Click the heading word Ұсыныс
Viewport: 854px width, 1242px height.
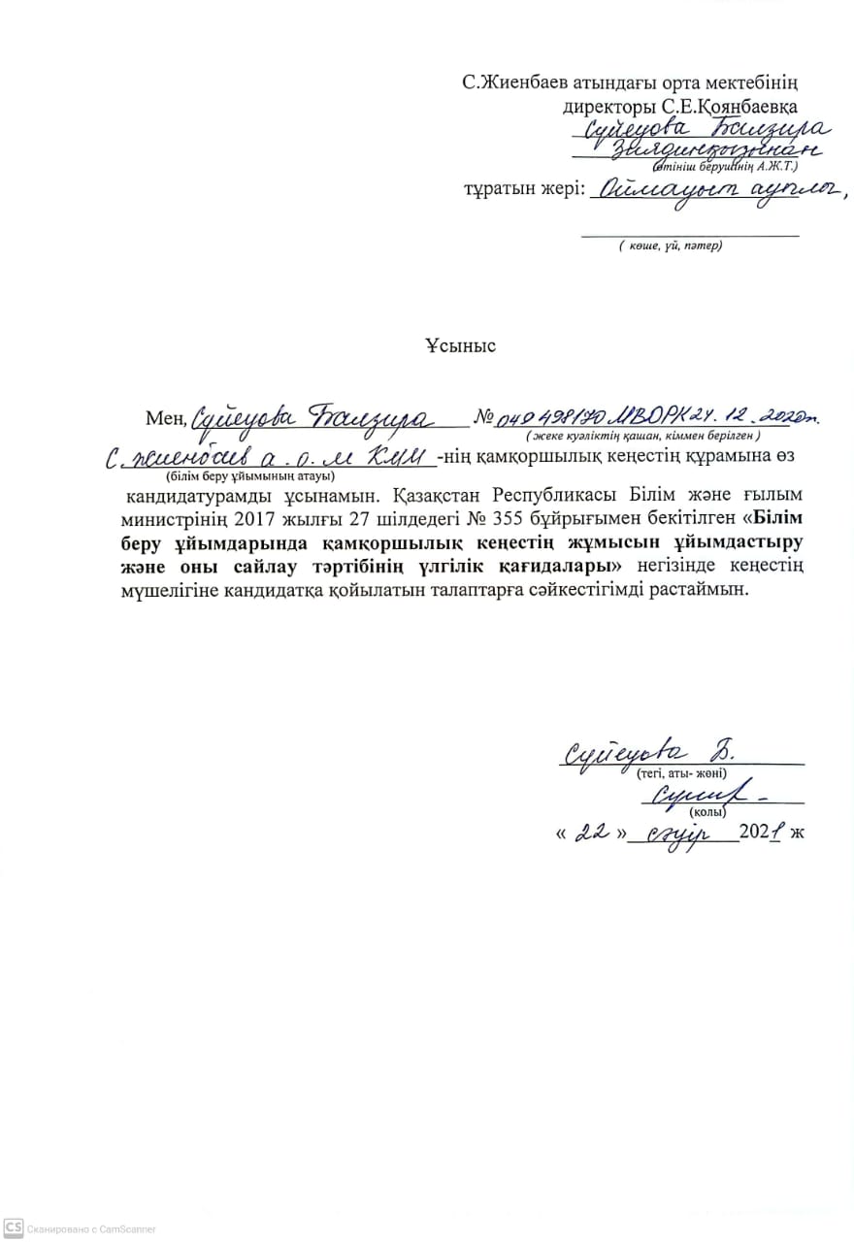tap(460, 345)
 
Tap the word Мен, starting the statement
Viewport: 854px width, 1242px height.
tap(164, 418)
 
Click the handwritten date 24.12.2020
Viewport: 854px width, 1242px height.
tap(767, 415)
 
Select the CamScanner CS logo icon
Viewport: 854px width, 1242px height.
tap(13, 1227)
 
